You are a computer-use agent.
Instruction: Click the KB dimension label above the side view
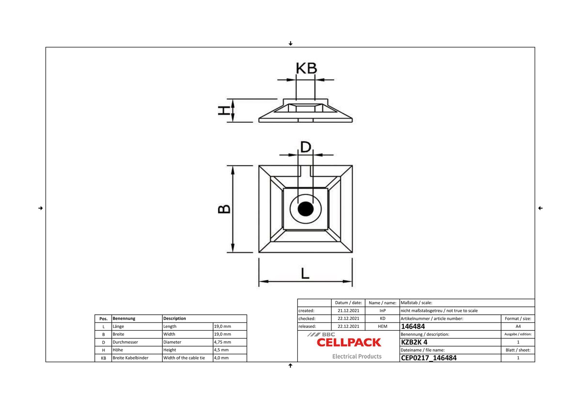(x=306, y=68)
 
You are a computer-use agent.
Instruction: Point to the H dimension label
(x=224, y=110)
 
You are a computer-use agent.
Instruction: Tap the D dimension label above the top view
(x=306, y=147)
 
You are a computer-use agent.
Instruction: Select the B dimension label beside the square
(x=224, y=209)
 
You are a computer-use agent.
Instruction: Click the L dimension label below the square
(x=305, y=273)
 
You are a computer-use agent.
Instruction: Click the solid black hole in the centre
(x=305, y=209)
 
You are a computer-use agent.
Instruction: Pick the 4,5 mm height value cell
(x=221, y=350)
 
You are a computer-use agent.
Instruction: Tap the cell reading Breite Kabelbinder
(x=130, y=358)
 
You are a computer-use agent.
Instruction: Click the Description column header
(x=175, y=318)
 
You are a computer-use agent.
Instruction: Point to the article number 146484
(x=413, y=326)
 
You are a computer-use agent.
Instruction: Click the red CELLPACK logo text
(x=349, y=342)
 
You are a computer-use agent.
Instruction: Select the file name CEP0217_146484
(x=428, y=358)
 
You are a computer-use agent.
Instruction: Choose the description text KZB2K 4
(x=414, y=342)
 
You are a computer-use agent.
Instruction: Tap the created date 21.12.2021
(x=348, y=311)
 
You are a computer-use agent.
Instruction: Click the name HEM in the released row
(x=382, y=326)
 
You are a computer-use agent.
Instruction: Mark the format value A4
(x=518, y=326)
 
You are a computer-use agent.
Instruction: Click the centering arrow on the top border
(x=290, y=44)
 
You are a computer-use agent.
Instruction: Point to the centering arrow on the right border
(x=540, y=208)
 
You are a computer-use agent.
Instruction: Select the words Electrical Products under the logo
(x=357, y=357)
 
